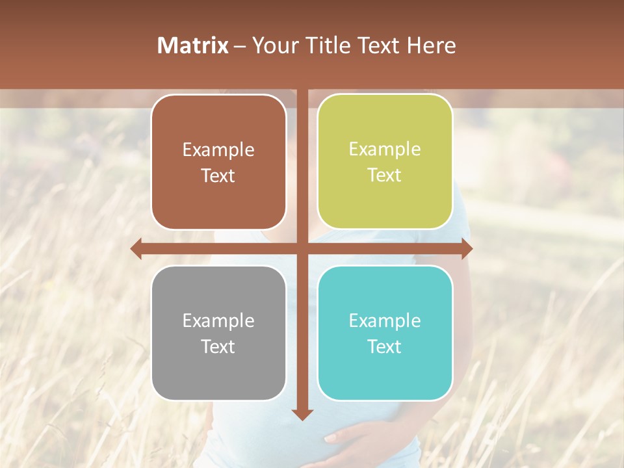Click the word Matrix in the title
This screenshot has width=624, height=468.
[x=193, y=45]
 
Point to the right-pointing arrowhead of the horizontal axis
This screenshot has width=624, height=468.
[x=466, y=248]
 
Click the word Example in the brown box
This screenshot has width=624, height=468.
[x=218, y=150]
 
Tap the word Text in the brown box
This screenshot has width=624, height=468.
[x=218, y=175]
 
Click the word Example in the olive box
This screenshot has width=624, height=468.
[x=385, y=149]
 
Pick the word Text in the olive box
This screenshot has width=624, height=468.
[x=385, y=175]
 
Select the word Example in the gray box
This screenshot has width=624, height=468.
[x=218, y=320]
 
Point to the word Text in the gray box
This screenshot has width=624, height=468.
[x=218, y=346]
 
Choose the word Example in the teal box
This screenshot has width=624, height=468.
[x=385, y=320]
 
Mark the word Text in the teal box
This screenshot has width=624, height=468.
[x=385, y=346]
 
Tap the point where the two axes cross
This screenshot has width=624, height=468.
[x=302, y=248]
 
